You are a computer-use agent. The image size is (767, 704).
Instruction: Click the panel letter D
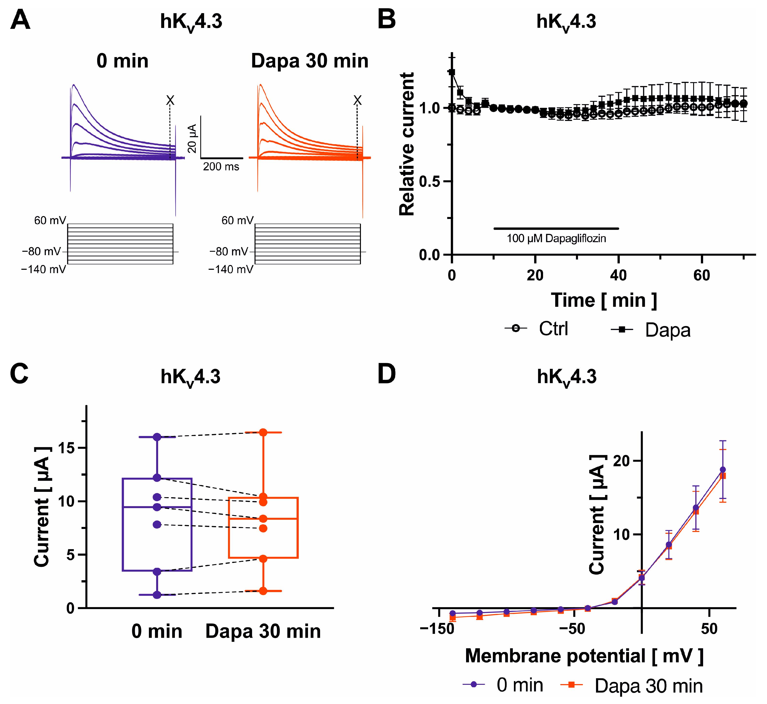tap(387, 375)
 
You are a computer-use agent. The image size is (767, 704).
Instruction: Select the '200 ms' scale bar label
tap(221, 167)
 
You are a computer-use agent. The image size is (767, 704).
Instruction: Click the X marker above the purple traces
tap(170, 101)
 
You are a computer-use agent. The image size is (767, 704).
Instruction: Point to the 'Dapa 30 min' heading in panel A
tap(310, 61)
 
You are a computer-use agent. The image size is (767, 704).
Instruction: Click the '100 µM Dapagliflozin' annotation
tap(556, 239)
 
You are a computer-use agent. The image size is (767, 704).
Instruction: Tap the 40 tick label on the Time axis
tap(618, 275)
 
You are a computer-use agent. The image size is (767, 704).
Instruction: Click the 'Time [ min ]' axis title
tap(604, 301)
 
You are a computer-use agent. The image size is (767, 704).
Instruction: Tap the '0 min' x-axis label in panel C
tap(157, 632)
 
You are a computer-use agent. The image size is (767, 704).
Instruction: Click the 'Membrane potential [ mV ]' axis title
tap(584, 656)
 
